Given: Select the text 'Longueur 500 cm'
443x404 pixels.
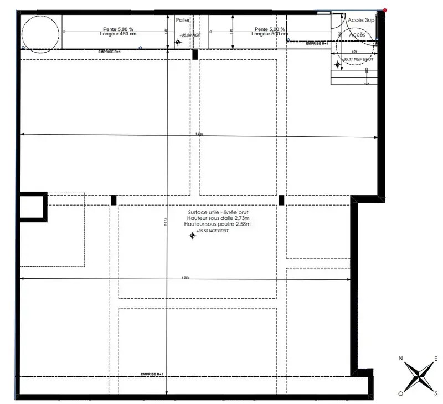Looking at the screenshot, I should [268, 34].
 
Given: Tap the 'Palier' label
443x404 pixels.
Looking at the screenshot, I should [183, 20].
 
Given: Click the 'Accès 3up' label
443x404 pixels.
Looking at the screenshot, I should [360, 19].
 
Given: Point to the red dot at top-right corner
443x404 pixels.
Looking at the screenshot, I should [384, 9].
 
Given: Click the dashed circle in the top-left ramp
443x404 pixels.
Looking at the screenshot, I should [40, 32].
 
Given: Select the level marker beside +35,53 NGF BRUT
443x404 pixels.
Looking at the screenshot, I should [192, 236].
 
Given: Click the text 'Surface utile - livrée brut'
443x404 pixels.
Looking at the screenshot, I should [219, 213].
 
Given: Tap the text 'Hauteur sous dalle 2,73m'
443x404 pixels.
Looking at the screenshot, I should [219, 219].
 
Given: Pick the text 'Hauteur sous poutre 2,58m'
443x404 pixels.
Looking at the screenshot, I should [219, 225].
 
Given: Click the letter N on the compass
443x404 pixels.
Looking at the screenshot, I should [400, 359].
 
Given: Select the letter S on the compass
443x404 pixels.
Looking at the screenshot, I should [436, 393].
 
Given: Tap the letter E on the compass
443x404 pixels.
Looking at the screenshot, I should [436, 359].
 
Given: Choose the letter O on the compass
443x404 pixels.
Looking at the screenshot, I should [400, 393].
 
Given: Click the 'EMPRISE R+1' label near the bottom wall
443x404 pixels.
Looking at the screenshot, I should [152, 374].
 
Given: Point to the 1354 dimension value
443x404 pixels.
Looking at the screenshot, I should [186, 277].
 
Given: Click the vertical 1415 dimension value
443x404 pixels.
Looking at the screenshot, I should [165, 222].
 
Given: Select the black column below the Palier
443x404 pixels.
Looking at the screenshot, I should [194, 54].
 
